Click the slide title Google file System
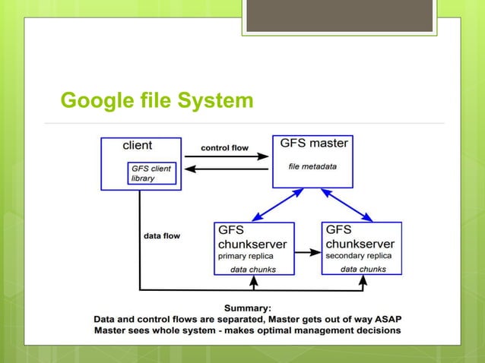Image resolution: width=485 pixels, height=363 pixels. click(157, 100)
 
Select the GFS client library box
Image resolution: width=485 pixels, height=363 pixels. click(152, 174)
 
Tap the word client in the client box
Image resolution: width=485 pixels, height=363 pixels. click(138, 144)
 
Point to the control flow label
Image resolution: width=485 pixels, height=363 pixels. click(225, 147)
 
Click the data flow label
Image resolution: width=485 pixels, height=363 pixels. click(162, 236)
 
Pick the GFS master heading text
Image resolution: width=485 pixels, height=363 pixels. click(314, 143)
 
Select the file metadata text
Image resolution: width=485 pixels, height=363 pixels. click(312, 166)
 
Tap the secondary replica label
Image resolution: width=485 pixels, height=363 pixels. click(358, 256)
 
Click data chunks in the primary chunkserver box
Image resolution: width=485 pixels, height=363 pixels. click(254, 270)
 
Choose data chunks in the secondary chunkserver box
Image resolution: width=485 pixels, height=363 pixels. click(363, 269)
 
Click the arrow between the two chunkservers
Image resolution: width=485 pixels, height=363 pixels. click(307, 251)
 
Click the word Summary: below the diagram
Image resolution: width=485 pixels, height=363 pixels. click(248, 308)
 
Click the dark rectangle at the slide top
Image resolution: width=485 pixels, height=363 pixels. click(340, 15)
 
